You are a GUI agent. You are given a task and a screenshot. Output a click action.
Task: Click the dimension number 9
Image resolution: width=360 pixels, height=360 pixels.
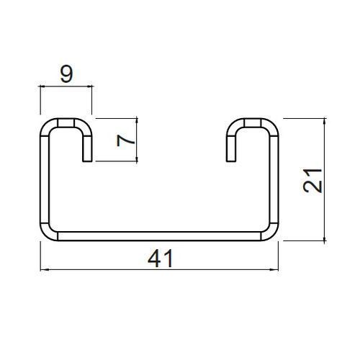66,74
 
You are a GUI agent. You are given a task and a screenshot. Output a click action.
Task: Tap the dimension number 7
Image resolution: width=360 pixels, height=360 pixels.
125,140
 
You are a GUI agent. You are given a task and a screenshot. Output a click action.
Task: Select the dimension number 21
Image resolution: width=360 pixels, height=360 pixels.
312,181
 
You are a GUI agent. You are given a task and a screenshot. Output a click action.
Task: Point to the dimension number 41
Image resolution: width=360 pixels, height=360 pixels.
161,258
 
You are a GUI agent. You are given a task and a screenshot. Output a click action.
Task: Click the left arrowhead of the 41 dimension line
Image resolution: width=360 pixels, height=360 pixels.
44,270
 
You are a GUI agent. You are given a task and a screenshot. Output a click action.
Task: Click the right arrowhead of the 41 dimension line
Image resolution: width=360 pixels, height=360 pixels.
274,270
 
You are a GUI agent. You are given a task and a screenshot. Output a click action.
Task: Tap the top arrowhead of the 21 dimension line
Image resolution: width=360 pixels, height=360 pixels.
325,122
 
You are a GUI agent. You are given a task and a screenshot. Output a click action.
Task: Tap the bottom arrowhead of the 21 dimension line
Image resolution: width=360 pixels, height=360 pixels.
325,237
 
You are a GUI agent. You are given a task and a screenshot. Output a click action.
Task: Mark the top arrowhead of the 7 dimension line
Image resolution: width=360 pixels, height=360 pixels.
137,122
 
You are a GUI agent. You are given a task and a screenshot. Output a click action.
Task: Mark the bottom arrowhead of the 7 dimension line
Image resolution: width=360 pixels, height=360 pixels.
137,158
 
